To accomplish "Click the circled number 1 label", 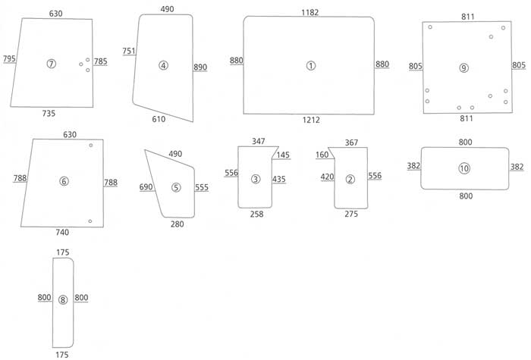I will click(x=311, y=66).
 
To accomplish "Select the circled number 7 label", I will click(x=51, y=64).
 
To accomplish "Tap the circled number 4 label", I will click(x=163, y=66).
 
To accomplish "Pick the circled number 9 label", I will click(x=464, y=68).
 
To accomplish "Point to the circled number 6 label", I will click(x=64, y=181).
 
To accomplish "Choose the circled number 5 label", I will click(x=176, y=187).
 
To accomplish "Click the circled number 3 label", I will click(x=256, y=179).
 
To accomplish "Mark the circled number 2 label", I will click(x=350, y=180).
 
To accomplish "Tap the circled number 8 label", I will click(x=63, y=299).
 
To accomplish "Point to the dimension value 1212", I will click(x=310, y=121).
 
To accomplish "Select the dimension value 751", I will click(x=129, y=51).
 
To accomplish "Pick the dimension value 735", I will click(x=49, y=113).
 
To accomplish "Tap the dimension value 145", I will click(x=282, y=155).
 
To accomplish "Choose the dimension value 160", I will click(x=322, y=155).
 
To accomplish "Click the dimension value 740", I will click(x=62, y=232).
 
